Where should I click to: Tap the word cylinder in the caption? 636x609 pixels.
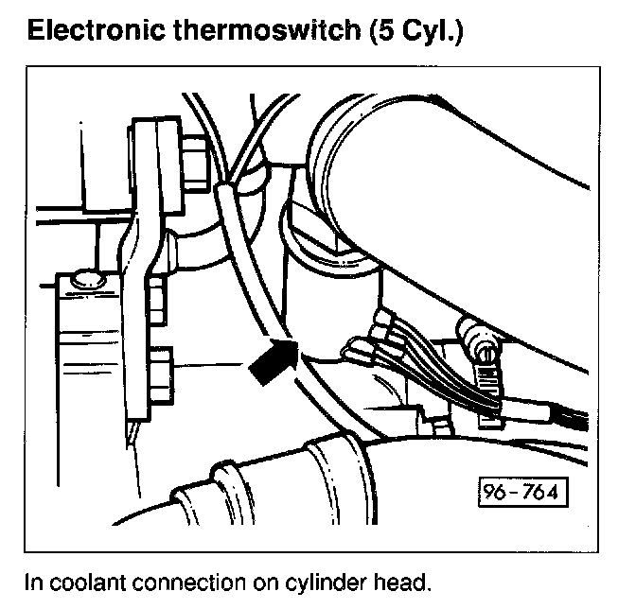click(x=309, y=580)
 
